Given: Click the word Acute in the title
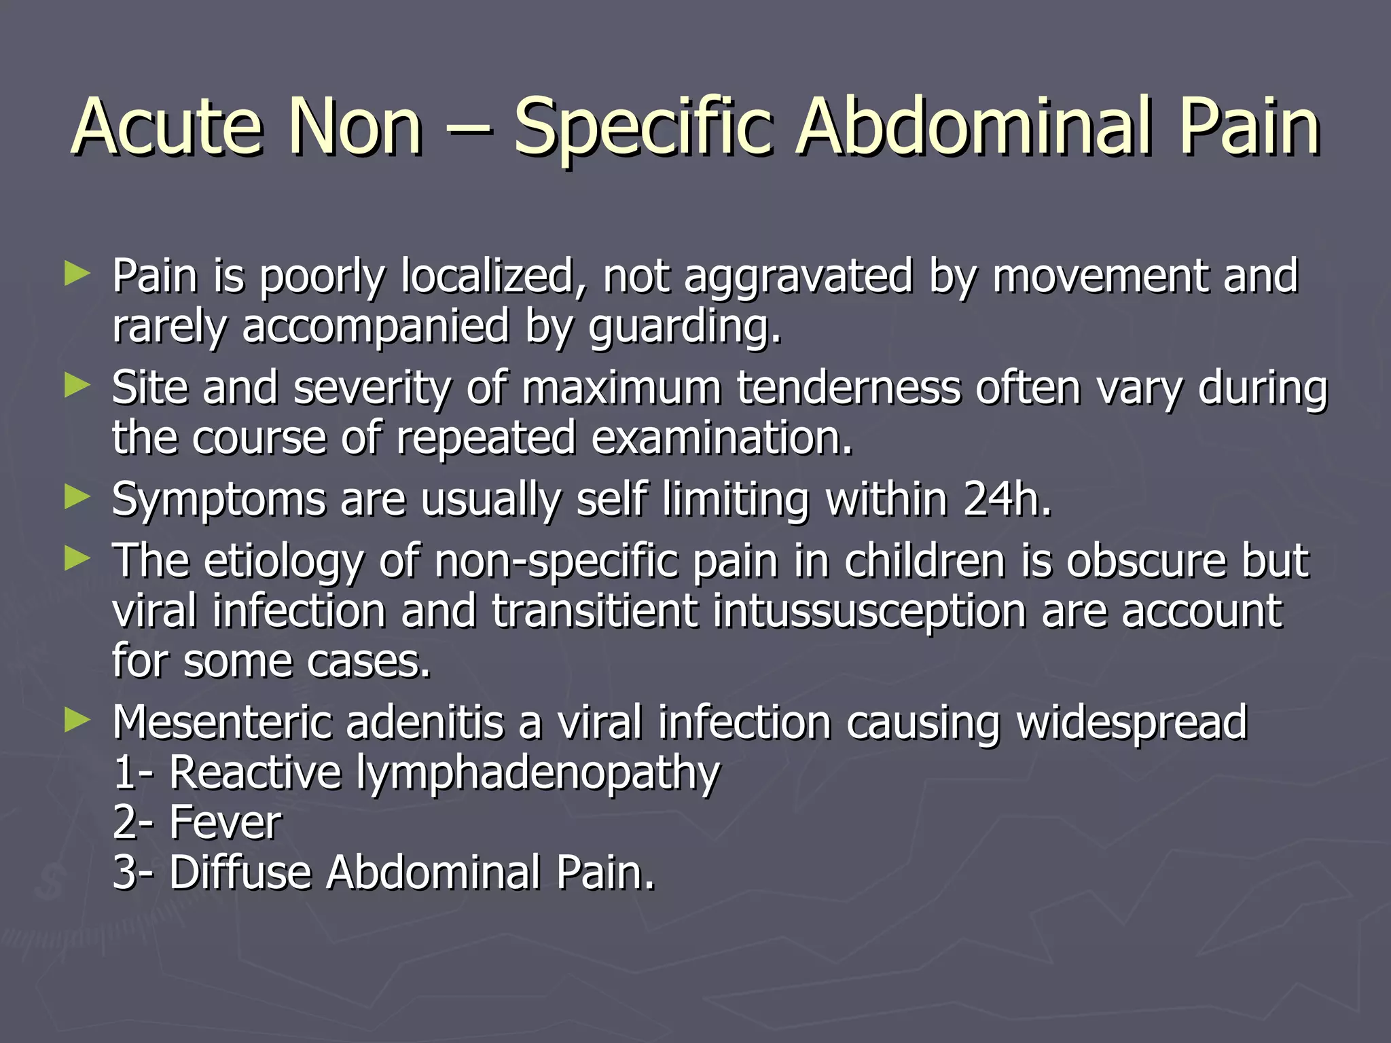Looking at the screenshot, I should [x=166, y=127].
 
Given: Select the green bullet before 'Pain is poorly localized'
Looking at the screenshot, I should [x=77, y=275].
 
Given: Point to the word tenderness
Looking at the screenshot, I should [x=848, y=388].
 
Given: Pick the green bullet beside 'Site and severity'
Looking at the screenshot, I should [x=77, y=386].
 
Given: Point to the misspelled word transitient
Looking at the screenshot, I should [x=594, y=610].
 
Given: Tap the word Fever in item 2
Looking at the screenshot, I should [x=225, y=822].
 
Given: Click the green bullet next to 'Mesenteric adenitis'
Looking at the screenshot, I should [x=77, y=720].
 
